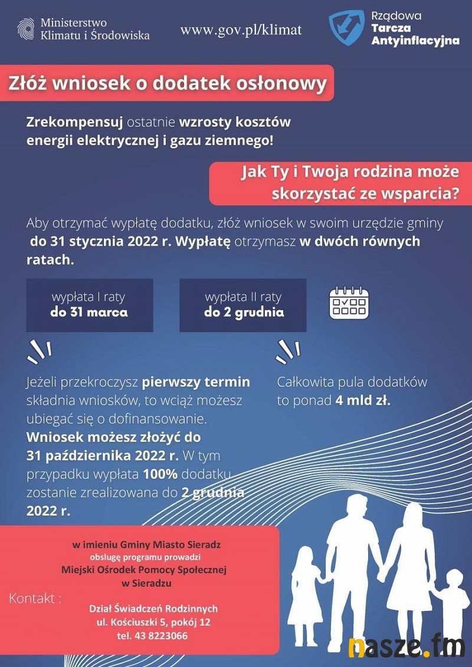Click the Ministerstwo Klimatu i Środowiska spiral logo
click(25, 29)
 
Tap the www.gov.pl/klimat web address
click(241, 30)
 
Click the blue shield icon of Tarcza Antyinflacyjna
click(346, 28)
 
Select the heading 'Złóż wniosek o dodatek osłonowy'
click(167, 83)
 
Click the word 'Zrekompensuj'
click(74, 122)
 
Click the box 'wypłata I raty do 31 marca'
click(89, 305)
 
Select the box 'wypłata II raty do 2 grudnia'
click(243, 305)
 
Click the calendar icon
click(349, 303)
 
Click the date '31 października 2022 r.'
click(102, 456)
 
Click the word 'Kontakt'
click(35, 599)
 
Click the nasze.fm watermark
click(407, 648)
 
